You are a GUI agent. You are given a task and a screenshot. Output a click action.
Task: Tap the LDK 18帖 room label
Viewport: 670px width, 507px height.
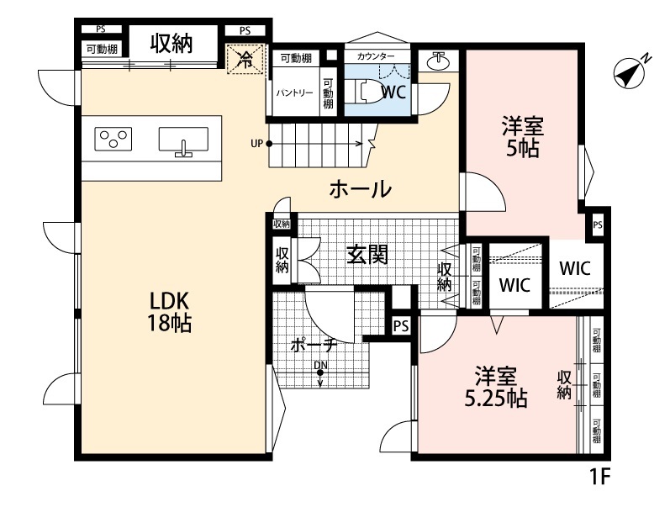171,311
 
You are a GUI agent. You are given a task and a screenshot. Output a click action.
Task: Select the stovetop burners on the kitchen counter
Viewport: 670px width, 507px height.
114,137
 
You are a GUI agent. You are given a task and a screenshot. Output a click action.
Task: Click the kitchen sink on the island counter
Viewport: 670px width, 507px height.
183,141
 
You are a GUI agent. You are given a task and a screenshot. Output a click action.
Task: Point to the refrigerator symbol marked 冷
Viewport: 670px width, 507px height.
245,59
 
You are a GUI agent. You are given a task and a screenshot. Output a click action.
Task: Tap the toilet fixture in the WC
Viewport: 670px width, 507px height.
365,90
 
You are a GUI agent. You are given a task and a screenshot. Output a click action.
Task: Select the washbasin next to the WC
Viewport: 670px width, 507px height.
437,61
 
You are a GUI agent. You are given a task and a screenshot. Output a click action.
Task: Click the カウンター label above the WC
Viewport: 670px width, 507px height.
376,56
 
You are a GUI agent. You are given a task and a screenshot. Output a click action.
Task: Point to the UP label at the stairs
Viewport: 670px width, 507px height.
256,143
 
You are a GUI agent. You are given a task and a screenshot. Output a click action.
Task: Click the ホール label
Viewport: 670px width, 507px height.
359,189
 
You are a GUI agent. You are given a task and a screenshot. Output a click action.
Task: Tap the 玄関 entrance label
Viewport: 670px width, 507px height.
367,253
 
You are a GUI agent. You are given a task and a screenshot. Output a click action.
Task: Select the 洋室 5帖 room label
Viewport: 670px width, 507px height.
522,139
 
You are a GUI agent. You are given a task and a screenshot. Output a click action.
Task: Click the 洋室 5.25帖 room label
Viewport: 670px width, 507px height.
499,387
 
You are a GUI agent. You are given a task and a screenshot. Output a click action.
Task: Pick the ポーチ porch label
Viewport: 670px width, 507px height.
314,345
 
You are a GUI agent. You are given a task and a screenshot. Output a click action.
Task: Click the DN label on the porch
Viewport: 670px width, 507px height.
319,365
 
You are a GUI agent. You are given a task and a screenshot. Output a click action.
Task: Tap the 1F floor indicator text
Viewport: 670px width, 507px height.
599,478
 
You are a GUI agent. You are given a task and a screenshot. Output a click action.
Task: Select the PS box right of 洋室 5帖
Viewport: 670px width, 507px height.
597,225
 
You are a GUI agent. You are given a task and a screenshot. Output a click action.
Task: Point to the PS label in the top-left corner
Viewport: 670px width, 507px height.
101,29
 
